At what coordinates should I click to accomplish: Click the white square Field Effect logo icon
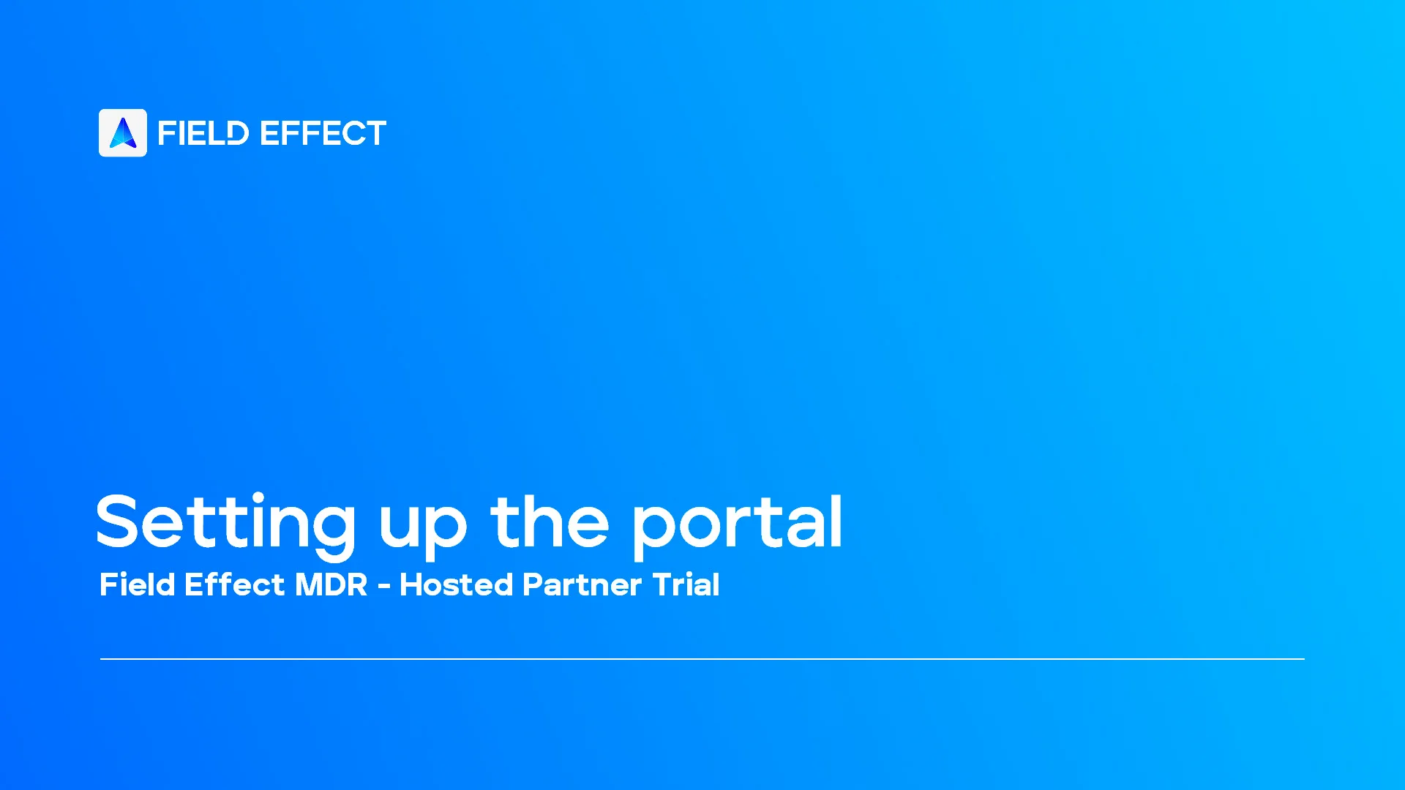(x=123, y=133)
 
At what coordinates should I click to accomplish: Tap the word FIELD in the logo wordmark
(x=203, y=134)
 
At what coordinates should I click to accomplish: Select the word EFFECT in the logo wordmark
(x=323, y=134)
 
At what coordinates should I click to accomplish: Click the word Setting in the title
(x=225, y=522)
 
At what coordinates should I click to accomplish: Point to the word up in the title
(x=422, y=527)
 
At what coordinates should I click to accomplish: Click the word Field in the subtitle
(x=138, y=584)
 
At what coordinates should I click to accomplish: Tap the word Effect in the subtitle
(x=234, y=584)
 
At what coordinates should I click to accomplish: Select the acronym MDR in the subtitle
(x=331, y=584)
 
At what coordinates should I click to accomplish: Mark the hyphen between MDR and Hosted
(x=384, y=587)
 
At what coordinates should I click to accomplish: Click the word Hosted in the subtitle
(x=457, y=584)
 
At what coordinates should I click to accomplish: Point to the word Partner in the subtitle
(x=582, y=584)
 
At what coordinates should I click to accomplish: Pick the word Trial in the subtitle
(x=686, y=584)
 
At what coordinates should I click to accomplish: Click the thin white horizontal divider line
(x=702, y=659)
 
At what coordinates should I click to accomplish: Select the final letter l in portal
(x=836, y=521)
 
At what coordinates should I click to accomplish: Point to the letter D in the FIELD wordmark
(x=237, y=134)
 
